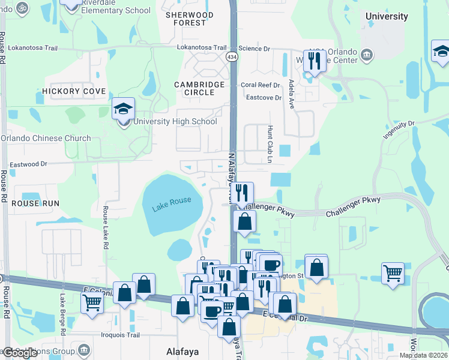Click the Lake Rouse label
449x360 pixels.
click(x=172, y=205)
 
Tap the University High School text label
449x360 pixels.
click(x=175, y=122)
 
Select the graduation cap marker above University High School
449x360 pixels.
click(x=124, y=109)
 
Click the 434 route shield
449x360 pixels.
click(x=232, y=56)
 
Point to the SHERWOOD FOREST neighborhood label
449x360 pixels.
click(x=189, y=19)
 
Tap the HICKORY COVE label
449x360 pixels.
click(x=74, y=91)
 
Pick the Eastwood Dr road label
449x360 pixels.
click(x=28, y=164)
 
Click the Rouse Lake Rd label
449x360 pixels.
click(x=105, y=228)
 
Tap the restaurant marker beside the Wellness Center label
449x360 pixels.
click(x=314, y=61)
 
